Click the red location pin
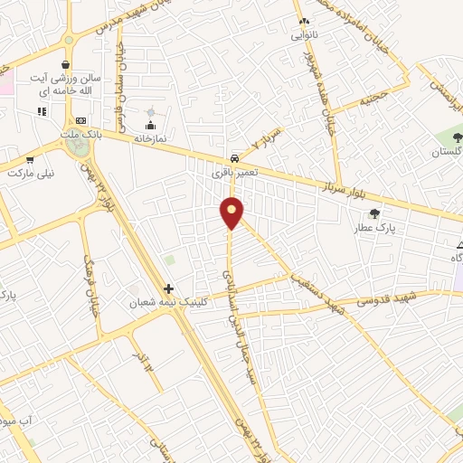coord(232,213)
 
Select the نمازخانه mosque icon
coord(150,124)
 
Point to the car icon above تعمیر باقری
coord(235,155)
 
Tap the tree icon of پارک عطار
coord(374,214)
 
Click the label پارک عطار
coord(389,230)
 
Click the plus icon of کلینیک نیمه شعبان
coord(168,289)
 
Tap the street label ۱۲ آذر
coord(141,360)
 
